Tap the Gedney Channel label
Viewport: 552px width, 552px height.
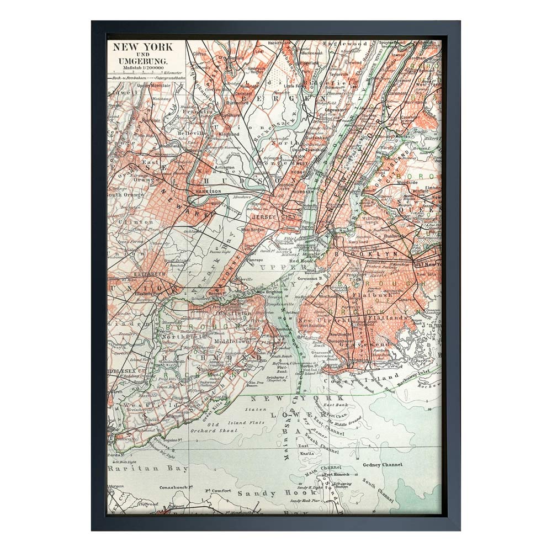pyautogui.click(x=383, y=465)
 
